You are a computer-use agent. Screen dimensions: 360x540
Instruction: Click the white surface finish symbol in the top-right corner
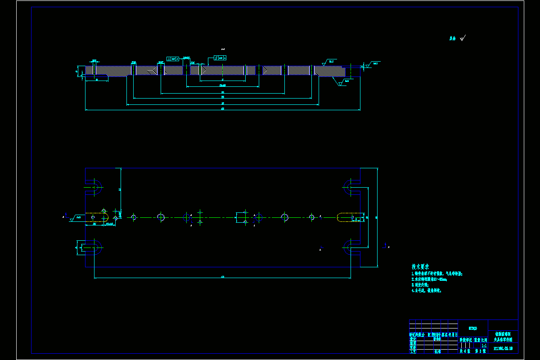463,38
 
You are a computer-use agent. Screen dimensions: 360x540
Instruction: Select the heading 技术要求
420,266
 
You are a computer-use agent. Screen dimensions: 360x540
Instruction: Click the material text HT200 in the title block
472,327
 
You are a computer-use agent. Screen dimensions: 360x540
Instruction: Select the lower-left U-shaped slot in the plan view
93,247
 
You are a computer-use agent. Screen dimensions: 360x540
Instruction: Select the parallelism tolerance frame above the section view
220,58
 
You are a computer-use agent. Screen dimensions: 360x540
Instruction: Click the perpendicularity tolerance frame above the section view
173,59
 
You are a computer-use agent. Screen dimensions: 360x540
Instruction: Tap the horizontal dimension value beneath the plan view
223,277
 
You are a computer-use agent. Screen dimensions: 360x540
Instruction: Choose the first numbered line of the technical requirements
436,274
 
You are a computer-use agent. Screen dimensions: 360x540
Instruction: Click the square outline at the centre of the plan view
242,217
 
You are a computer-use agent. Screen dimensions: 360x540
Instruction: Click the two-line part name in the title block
503,337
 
